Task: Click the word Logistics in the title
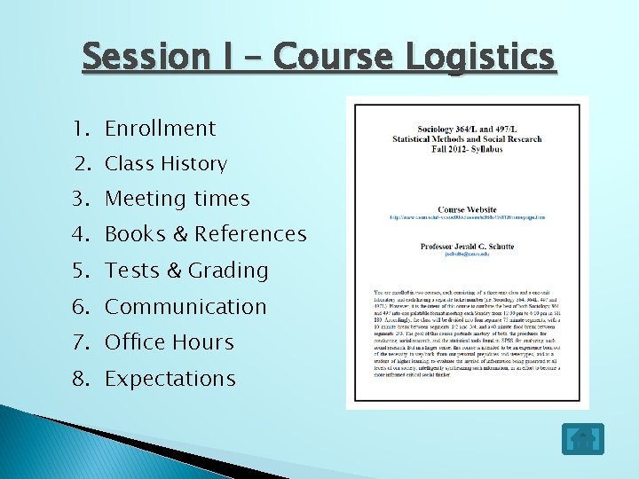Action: click(480, 58)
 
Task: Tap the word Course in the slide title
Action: click(332, 58)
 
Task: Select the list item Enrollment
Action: click(160, 129)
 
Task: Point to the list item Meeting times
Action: click(177, 200)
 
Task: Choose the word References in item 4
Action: click(250, 235)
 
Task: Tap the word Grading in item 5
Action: click(228, 271)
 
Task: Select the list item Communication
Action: click(185, 307)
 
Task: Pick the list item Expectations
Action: click(170, 379)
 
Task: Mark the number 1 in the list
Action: click(82, 129)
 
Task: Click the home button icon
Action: click(582, 438)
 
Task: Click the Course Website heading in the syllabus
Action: click(467, 209)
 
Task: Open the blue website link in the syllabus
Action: click(467, 217)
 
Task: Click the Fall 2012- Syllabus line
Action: click(467, 149)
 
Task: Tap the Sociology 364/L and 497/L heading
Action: click(467, 130)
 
